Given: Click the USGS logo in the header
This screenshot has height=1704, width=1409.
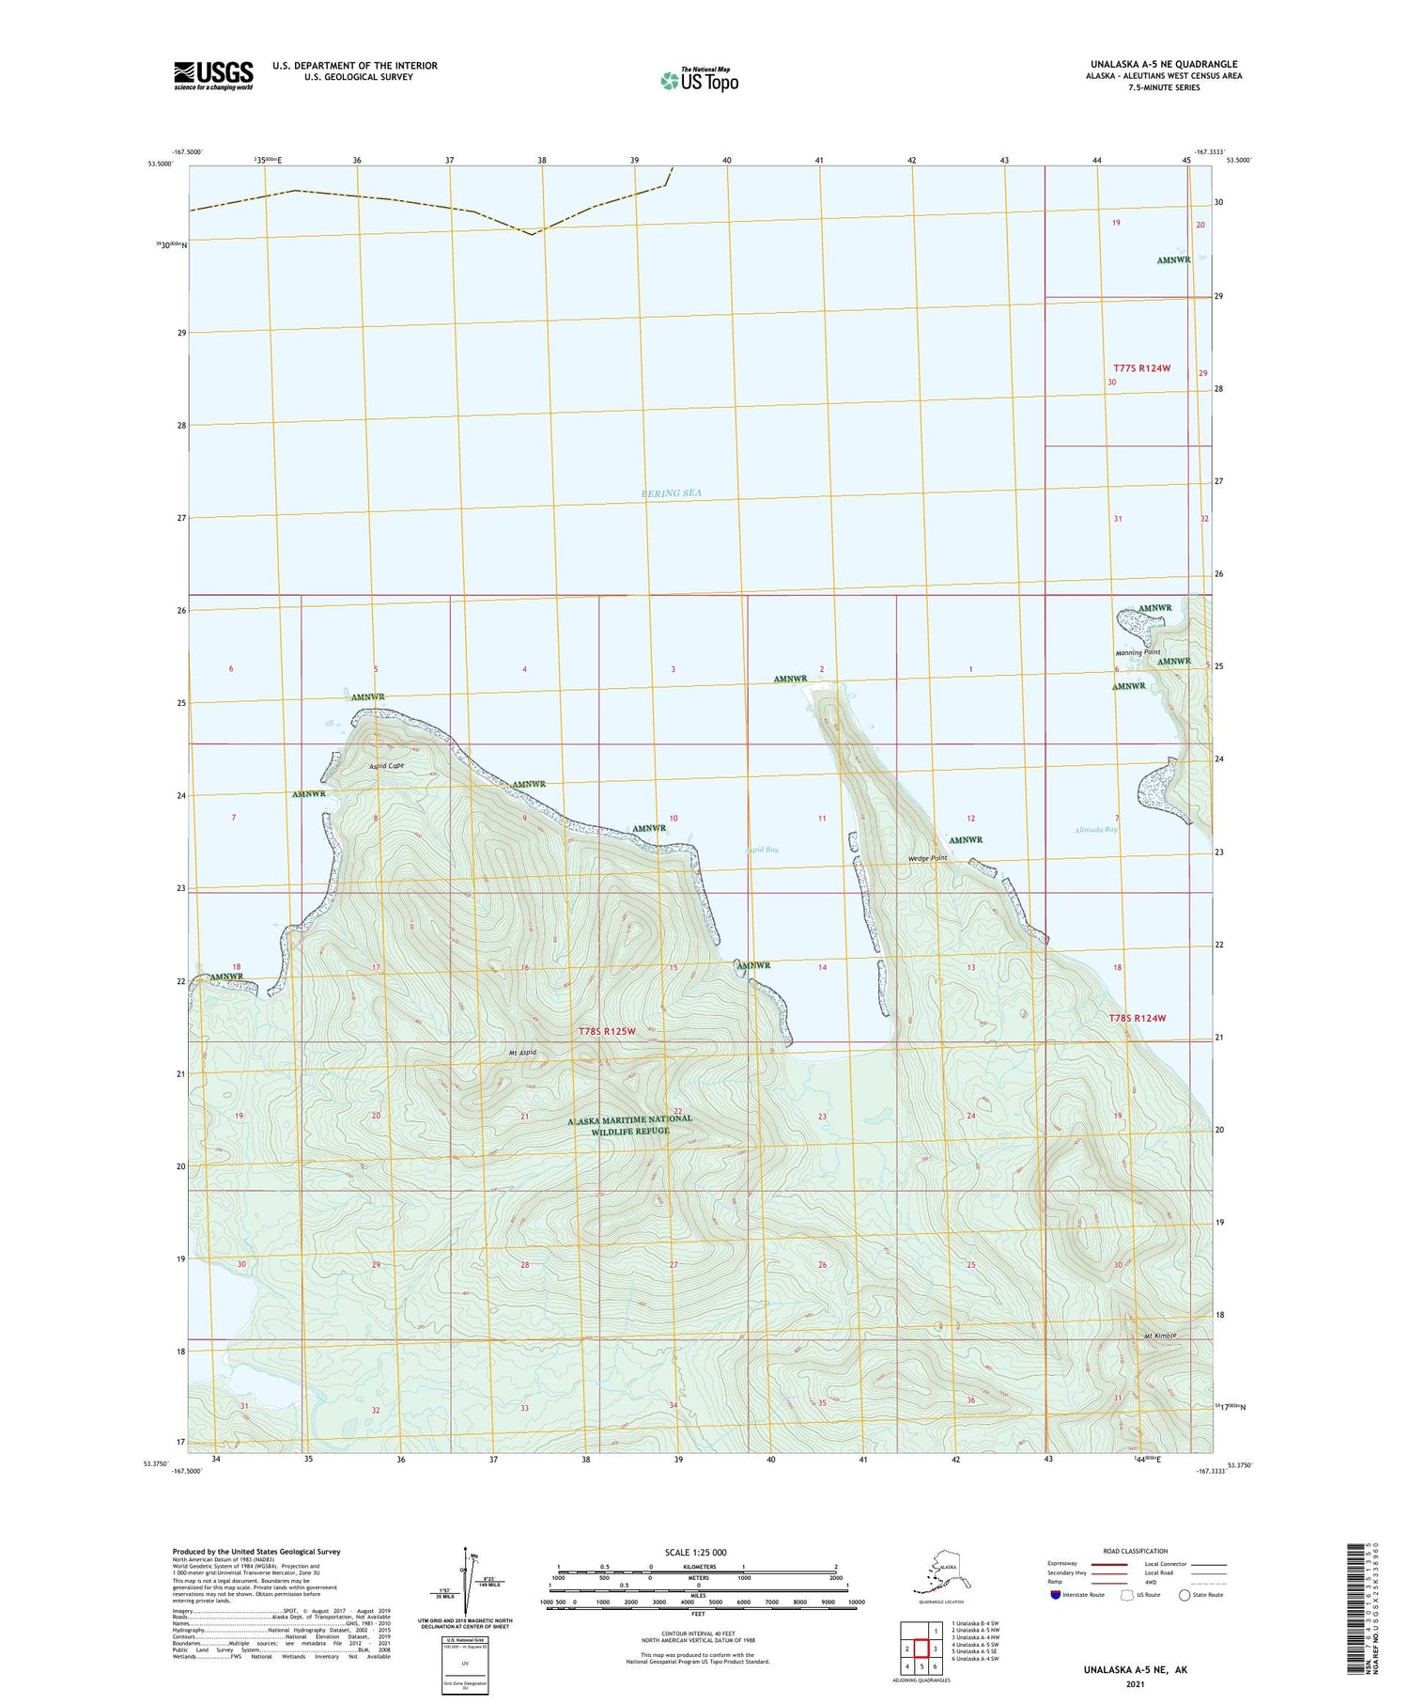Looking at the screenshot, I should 213,75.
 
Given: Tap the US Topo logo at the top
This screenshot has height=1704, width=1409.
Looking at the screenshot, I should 699,80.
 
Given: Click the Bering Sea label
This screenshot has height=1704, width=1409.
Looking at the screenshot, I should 672,493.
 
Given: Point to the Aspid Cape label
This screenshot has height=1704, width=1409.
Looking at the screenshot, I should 386,766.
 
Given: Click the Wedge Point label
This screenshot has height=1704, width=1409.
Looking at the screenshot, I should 928,858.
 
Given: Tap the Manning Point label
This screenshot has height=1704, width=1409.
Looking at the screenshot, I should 1138,652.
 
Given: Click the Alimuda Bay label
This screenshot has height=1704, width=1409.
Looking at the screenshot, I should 1096,829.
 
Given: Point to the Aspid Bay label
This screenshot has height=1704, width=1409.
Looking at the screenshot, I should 762,850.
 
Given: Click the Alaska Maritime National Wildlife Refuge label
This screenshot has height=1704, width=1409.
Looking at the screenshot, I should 629,1124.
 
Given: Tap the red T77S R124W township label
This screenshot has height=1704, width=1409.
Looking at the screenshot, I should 1141,368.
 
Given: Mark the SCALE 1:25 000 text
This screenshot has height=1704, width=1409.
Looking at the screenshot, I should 695,1552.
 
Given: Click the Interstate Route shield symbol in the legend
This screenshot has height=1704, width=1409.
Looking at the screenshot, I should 1055,1595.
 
